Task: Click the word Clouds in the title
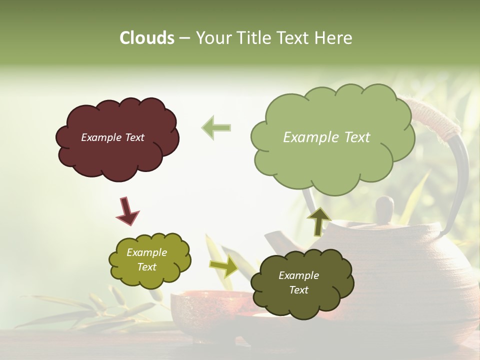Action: click(146, 38)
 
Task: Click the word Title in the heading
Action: click(252, 38)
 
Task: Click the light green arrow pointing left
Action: click(216, 127)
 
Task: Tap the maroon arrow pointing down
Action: click(127, 210)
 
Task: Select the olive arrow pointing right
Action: click(224, 266)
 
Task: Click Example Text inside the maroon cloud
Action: click(112, 137)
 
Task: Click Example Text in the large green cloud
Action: click(326, 137)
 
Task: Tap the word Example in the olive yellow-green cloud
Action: click(146, 252)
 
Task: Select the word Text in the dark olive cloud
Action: click(298, 290)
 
